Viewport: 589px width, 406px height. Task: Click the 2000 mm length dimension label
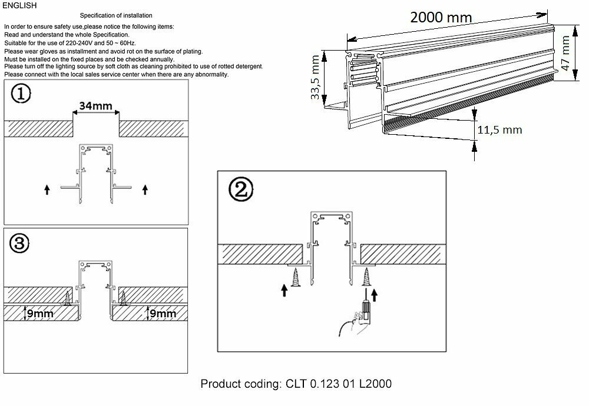(441, 17)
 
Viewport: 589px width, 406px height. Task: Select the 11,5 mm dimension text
(499, 130)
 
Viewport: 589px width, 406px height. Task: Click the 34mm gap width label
(96, 107)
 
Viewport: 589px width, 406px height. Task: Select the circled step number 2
(243, 189)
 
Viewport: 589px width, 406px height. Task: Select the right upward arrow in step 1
(145, 189)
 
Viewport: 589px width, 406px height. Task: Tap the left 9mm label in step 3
(39, 314)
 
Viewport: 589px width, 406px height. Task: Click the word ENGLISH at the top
(19, 6)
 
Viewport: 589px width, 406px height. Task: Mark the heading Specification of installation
(115, 15)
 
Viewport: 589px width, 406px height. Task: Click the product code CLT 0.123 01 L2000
(296, 384)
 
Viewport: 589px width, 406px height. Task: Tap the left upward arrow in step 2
(285, 289)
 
